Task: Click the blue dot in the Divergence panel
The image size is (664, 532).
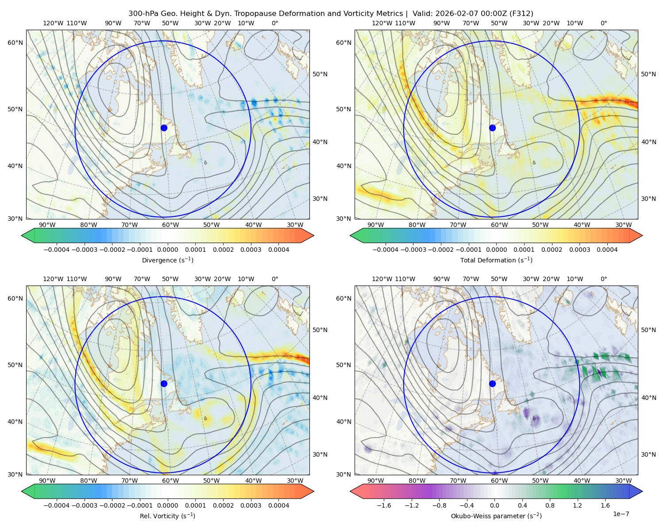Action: coord(164,128)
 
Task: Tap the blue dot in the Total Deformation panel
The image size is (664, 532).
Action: coord(492,128)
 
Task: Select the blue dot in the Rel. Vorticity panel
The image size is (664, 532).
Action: coord(164,383)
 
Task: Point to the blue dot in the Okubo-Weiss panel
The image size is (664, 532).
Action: coord(492,383)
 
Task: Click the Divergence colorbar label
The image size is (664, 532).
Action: coord(167,260)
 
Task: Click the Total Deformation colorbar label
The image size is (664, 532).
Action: coord(496,260)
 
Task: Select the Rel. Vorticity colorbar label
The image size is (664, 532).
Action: coord(167,516)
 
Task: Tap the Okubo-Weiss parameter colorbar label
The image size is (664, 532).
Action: coord(496,516)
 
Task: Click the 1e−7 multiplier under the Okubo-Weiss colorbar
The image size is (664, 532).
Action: coord(621,514)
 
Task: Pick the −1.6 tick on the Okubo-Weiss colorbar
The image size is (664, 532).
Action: coord(384,505)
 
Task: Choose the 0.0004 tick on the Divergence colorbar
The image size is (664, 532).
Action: coord(278,250)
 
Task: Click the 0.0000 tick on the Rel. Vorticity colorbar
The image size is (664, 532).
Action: coord(167,505)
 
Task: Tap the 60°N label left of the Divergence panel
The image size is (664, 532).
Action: coord(15,43)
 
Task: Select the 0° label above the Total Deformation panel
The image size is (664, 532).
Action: coord(603,23)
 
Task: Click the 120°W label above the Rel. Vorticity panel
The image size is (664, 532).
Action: coord(53,279)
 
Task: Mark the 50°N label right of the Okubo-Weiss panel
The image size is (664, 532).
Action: coord(648,330)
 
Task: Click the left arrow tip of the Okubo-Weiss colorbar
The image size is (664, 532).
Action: coord(350,491)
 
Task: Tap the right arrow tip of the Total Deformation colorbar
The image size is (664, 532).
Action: coord(642,235)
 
